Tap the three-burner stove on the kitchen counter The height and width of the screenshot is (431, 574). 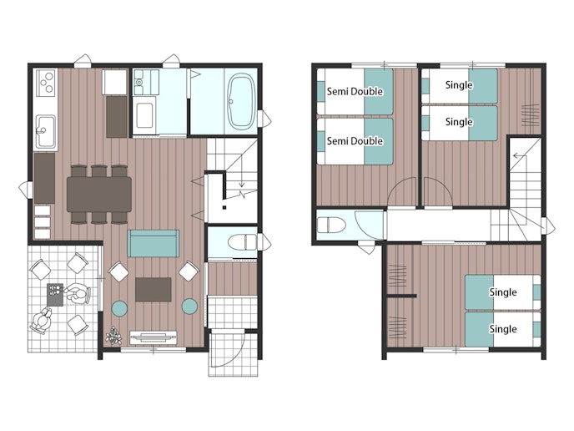pyautogui.click(x=46, y=83)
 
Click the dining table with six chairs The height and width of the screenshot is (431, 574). pyautogui.click(x=99, y=195)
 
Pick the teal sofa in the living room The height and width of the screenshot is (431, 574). pyautogui.click(x=154, y=243)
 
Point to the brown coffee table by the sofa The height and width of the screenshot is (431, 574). pyautogui.click(x=154, y=290)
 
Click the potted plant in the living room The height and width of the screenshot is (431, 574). pyautogui.click(x=113, y=336)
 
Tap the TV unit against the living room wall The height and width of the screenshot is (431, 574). pyautogui.click(x=154, y=337)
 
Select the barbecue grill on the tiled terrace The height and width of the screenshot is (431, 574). pyautogui.click(x=55, y=295)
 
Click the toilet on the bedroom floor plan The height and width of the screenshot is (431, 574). pyautogui.click(x=331, y=225)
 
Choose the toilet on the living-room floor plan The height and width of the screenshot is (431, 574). pyautogui.click(x=242, y=242)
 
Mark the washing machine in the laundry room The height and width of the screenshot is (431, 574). pyautogui.click(x=144, y=115)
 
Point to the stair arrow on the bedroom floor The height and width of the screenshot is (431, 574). pyautogui.click(x=520, y=156)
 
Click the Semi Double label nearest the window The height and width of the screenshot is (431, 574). pyautogui.click(x=355, y=91)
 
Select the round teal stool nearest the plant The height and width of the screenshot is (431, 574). pyautogui.click(x=119, y=308)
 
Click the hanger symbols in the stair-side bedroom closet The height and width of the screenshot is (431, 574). pyautogui.click(x=530, y=115)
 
